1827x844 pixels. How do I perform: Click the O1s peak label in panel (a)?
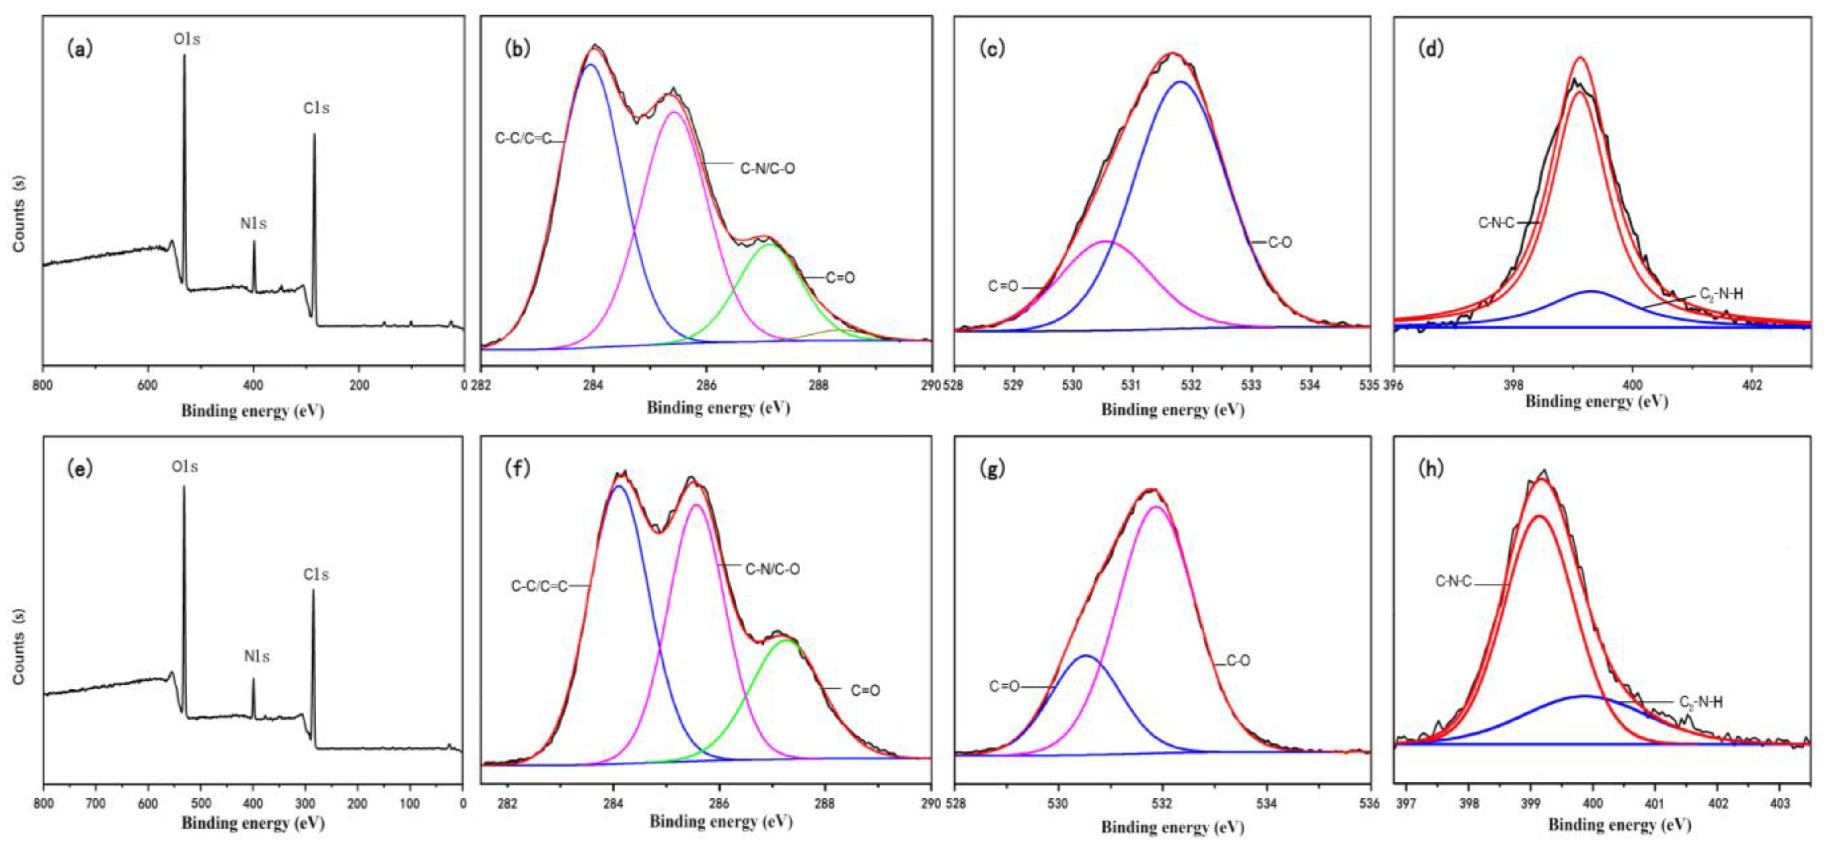(x=187, y=40)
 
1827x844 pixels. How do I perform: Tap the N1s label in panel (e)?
(x=257, y=657)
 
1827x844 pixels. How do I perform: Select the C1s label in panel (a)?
(x=316, y=108)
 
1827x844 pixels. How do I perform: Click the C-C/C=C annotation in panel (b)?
(x=523, y=139)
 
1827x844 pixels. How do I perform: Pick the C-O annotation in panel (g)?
(x=1239, y=661)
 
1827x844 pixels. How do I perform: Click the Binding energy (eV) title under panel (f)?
(x=721, y=821)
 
